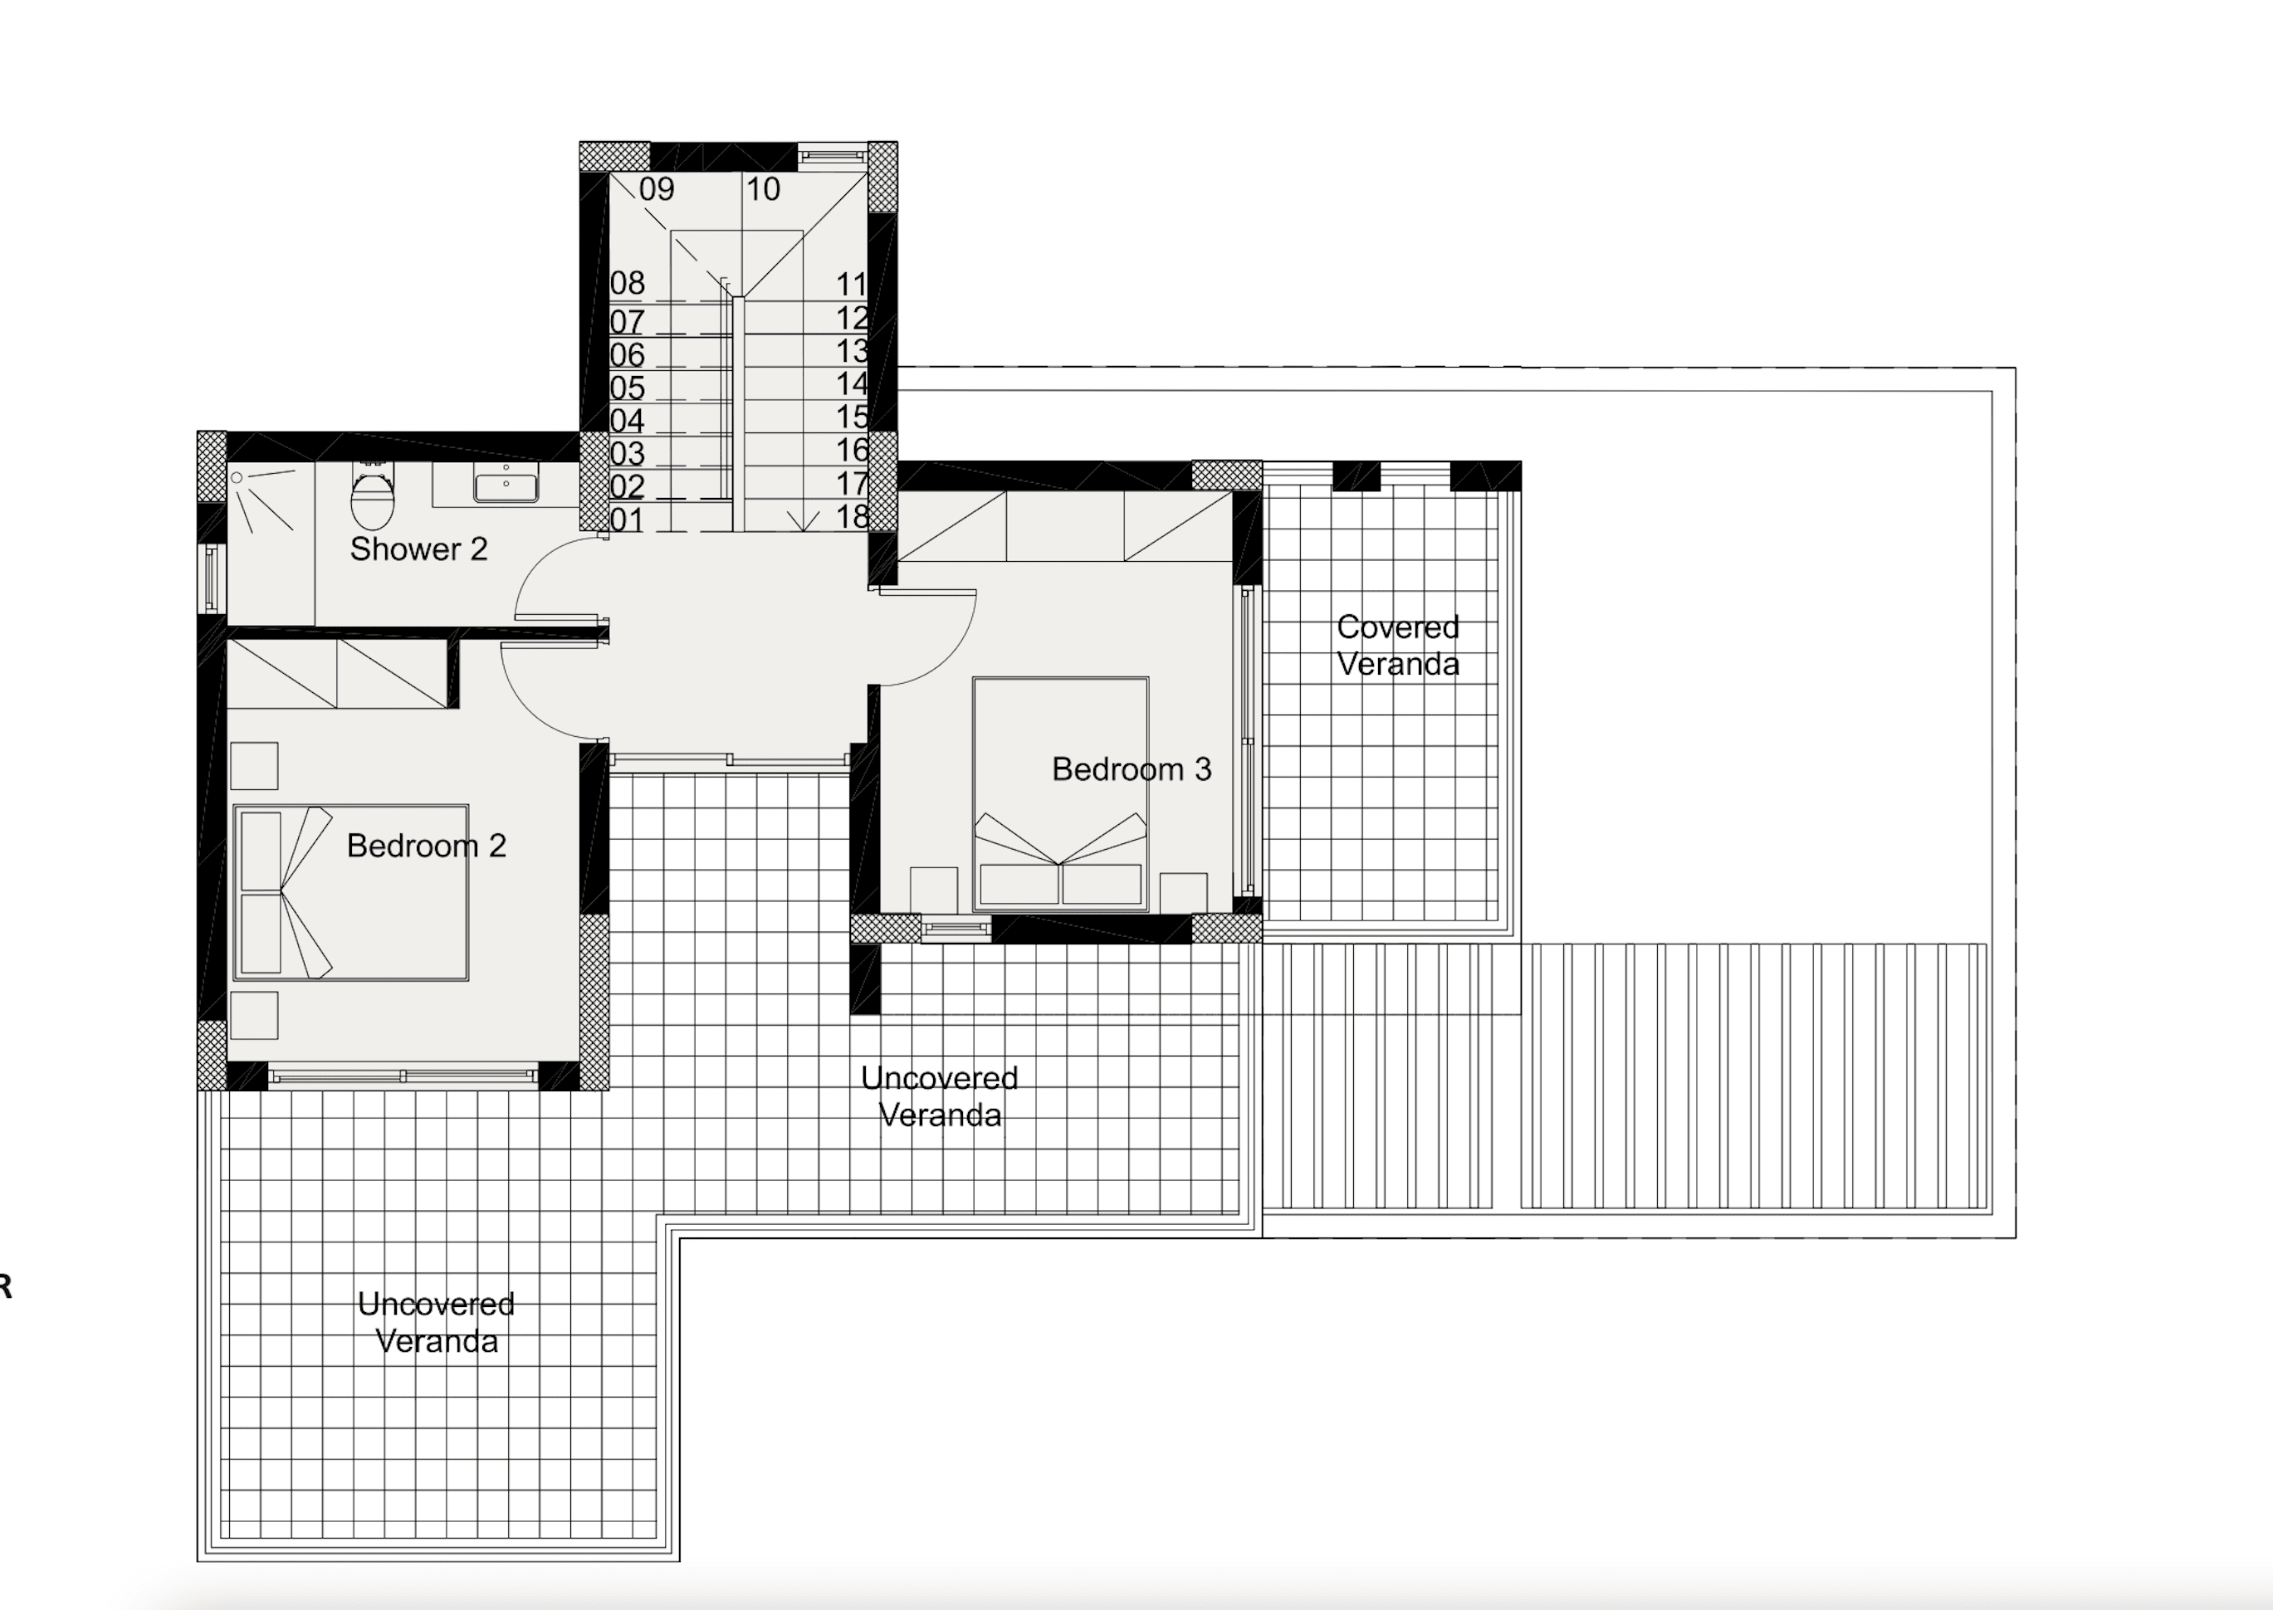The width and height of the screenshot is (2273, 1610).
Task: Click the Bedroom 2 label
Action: pyautogui.click(x=427, y=846)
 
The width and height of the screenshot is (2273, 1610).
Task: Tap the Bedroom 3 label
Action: pyautogui.click(x=1131, y=769)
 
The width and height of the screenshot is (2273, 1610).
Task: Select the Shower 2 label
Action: pyautogui.click(x=418, y=549)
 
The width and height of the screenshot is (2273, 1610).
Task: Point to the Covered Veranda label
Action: pyautogui.click(x=1397, y=646)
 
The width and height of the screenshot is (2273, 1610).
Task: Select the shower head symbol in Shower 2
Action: pyautogui.click(x=238, y=478)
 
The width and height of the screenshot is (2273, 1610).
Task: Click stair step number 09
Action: pyautogui.click(x=657, y=189)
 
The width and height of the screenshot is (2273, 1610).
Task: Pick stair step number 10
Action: pyautogui.click(x=763, y=189)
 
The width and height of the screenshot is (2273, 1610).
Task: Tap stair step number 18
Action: pyautogui.click(x=852, y=516)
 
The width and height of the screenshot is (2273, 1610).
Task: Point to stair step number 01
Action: pyautogui.click(x=627, y=520)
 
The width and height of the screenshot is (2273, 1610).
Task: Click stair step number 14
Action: pyautogui.click(x=852, y=383)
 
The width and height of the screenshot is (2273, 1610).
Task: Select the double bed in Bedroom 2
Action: pyautogui.click(x=351, y=892)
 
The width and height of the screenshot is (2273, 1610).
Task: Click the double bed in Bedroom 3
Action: pyautogui.click(x=1060, y=793)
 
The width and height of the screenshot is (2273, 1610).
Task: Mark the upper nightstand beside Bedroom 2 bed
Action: pyautogui.click(x=254, y=766)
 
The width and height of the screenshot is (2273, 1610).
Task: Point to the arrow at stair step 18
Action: pyautogui.click(x=802, y=520)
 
